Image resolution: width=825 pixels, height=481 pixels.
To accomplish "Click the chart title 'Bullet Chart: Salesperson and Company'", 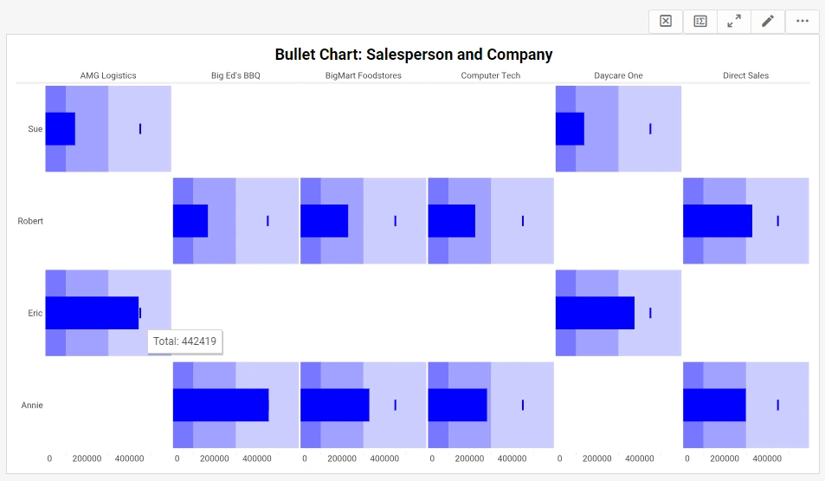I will click(x=413, y=55).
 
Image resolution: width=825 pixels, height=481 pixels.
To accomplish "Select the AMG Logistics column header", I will click(x=108, y=75).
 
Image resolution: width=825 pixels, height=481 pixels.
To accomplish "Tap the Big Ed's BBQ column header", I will click(x=235, y=75).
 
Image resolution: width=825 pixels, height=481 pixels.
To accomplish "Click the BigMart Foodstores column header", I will click(x=363, y=75).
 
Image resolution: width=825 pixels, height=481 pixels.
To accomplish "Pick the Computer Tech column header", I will click(x=490, y=75).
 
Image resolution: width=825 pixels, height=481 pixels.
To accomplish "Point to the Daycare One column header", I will click(x=618, y=75).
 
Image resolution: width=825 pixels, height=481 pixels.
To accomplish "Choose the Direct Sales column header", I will click(x=745, y=75).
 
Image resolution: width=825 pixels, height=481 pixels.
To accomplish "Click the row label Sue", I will click(x=35, y=129).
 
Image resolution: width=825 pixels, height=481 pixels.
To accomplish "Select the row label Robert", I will click(x=30, y=221).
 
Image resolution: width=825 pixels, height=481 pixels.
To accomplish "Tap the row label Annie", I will click(x=32, y=406).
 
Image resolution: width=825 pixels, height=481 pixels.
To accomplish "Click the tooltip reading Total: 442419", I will click(x=184, y=341).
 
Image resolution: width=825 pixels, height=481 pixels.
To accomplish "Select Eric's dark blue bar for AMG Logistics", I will click(x=92, y=313).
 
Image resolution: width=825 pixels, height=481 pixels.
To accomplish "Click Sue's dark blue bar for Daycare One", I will click(x=570, y=129).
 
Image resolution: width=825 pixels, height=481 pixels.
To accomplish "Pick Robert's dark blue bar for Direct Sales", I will click(x=717, y=221).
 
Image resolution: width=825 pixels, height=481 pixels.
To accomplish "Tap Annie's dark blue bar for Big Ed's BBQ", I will click(x=221, y=406).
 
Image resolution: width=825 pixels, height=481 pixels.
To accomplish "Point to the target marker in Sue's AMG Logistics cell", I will click(x=140, y=129).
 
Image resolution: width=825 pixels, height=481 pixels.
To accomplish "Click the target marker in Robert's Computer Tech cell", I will click(x=523, y=221).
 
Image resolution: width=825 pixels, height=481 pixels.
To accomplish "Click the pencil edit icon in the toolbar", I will click(x=767, y=22).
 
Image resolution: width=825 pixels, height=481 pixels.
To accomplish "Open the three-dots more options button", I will click(x=802, y=22).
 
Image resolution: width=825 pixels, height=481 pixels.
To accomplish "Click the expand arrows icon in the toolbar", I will click(x=734, y=22).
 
